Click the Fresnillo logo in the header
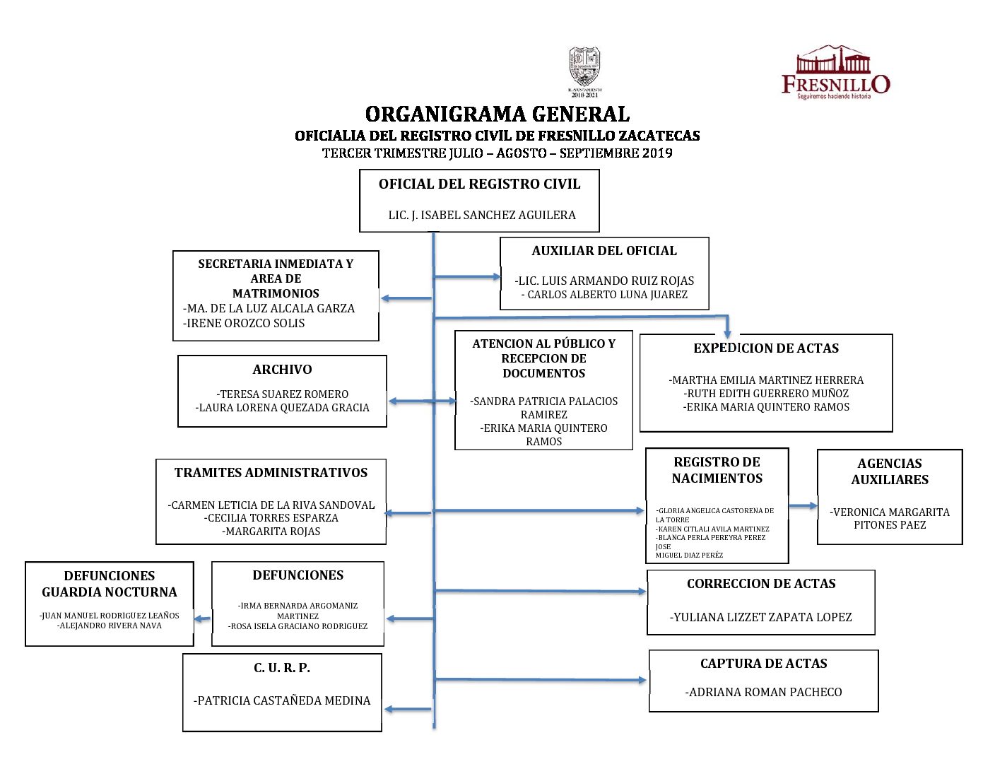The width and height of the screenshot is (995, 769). tap(835, 72)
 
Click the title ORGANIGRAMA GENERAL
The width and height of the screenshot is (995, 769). tap(497, 114)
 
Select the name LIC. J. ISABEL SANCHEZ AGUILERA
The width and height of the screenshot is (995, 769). tap(482, 215)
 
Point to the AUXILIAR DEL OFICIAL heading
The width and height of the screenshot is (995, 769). tap(604, 251)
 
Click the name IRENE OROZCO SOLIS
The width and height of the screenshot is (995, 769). tap(245, 323)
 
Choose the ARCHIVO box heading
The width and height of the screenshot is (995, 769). tap(282, 370)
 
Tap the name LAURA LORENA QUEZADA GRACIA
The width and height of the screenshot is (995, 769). tap(283, 408)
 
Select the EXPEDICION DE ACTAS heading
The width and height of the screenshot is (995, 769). tap(766, 348)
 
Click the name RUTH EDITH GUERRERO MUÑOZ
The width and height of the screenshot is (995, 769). tap(766, 394)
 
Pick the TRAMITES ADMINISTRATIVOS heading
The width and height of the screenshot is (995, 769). tap(271, 473)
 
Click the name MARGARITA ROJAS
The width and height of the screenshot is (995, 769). tap(271, 532)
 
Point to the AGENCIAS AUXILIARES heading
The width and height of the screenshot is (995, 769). tap(890, 471)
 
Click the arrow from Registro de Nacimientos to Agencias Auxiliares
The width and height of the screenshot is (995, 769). tap(803, 506)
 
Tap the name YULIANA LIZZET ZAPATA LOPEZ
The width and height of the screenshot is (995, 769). tap(761, 618)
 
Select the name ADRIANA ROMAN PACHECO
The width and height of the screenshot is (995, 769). tap(764, 693)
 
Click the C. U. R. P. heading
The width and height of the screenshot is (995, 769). tap(282, 668)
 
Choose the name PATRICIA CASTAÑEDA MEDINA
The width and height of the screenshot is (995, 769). tap(282, 701)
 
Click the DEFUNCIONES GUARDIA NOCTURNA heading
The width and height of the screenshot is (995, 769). tap(110, 584)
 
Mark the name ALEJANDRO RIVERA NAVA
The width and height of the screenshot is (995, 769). tap(110, 626)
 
